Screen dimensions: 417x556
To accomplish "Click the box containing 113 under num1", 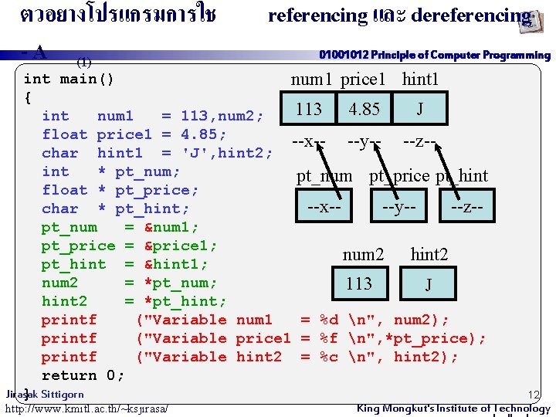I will tap(309, 109).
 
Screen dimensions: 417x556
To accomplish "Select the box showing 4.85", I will tap(364, 109).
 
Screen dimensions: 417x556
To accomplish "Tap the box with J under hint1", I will tap(419, 109).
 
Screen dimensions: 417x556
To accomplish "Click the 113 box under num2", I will tap(359, 283).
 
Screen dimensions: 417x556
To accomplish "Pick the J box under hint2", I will tap(429, 284).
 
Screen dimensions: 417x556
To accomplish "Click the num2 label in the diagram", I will tap(363, 254).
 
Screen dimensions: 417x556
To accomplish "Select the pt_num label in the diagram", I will tap(324, 176).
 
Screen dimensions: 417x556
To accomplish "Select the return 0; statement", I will tap(83, 375).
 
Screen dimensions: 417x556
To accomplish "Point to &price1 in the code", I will tap(181, 246).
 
